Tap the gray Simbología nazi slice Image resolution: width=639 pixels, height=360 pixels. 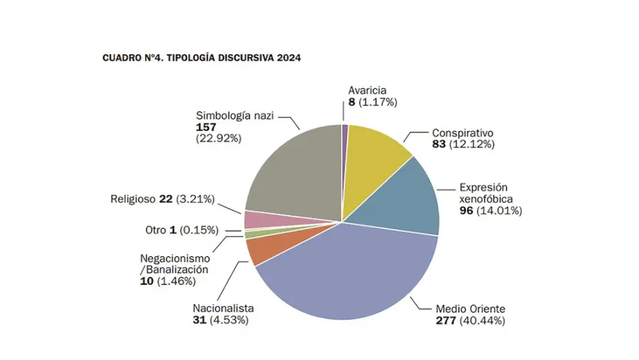(295, 170)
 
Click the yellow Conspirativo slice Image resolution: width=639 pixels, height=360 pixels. (376, 149)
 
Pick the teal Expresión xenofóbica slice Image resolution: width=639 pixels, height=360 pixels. (412, 199)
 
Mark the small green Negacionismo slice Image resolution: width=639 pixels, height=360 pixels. (248, 234)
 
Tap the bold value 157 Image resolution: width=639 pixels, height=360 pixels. (206, 127)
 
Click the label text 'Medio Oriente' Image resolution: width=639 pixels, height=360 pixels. (470, 309)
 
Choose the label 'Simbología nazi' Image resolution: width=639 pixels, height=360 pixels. (234, 115)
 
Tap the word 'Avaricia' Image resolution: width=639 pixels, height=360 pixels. (367, 90)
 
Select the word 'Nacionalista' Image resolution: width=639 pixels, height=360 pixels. (223, 308)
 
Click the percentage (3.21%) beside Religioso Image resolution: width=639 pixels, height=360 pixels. (195, 199)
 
